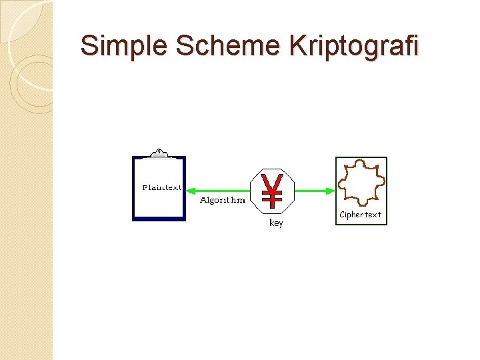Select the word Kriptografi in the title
click(354, 47)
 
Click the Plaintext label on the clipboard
click(161, 188)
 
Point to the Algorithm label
click(223, 199)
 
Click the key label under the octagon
click(276, 223)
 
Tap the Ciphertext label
click(361, 215)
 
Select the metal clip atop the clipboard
click(159, 153)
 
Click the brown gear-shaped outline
click(361, 182)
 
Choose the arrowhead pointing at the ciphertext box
click(330, 191)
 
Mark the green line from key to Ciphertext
click(312, 191)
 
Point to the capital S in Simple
click(88, 47)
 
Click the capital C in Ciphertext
click(343, 215)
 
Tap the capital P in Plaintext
click(145, 188)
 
